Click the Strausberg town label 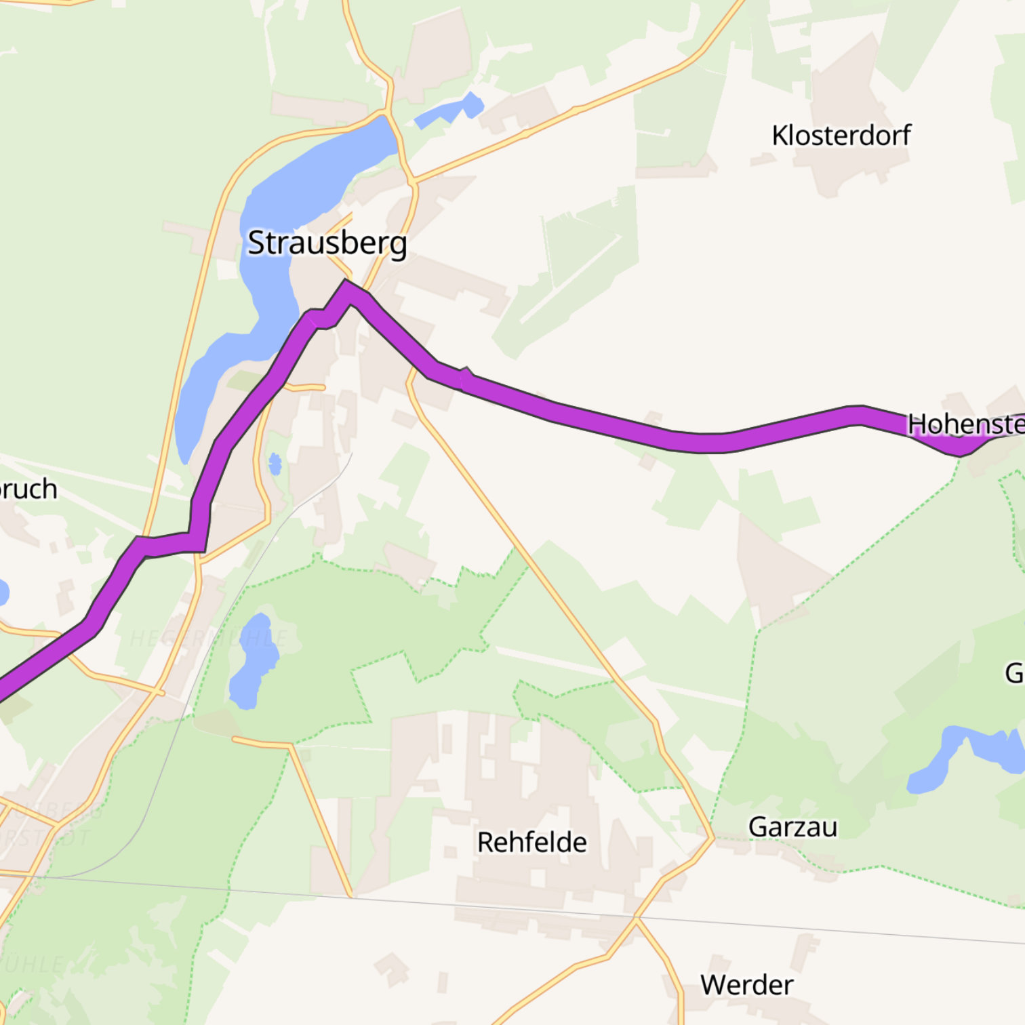point(327,243)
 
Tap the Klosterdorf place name point(841,136)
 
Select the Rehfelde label point(531,843)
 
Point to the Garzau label point(792,827)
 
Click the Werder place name point(746,985)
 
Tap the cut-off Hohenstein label point(966,424)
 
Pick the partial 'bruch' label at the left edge point(28,489)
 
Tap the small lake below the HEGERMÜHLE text point(252,661)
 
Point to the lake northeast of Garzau point(963,752)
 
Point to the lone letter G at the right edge point(1014,673)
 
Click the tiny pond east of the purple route point(275,464)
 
